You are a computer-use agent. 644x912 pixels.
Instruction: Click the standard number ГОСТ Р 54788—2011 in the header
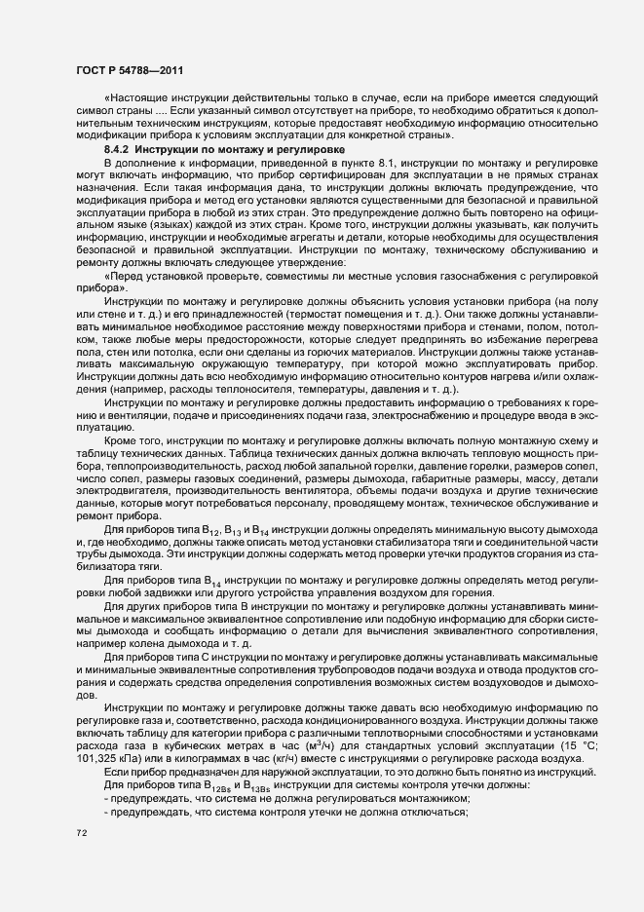[x=127, y=69]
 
